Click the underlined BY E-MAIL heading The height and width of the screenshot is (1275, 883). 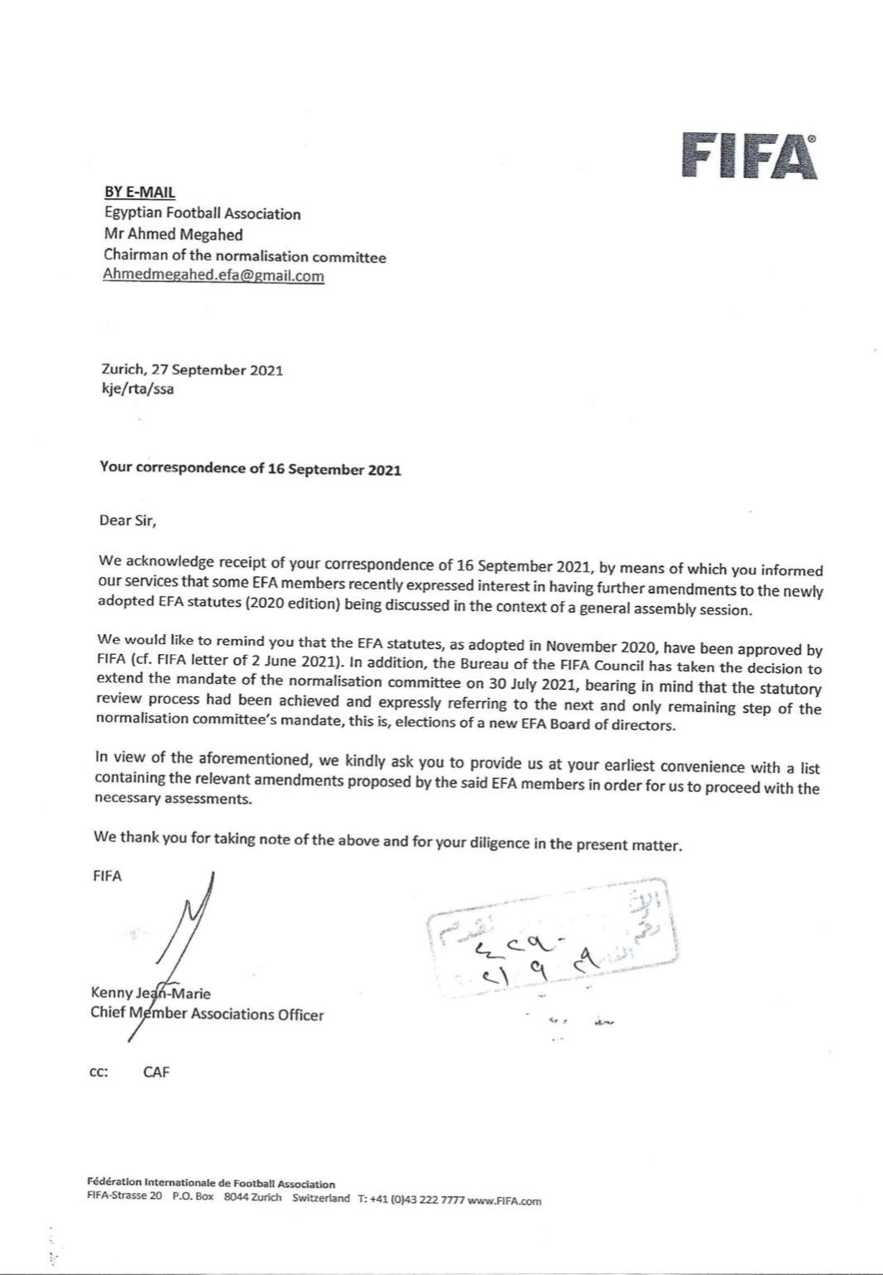pyautogui.click(x=139, y=192)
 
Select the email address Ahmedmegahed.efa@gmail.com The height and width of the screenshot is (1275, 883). pyautogui.click(x=214, y=276)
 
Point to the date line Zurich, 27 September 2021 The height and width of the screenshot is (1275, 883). pyautogui.click(x=191, y=370)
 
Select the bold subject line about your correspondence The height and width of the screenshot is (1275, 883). pyautogui.click(x=250, y=469)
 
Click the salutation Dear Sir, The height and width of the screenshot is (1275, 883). pyautogui.click(x=127, y=521)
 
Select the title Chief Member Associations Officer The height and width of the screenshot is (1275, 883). pyautogui.click(x=207, y=1014)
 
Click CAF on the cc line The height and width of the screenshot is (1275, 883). pyautogui.click(x=156, y=1072)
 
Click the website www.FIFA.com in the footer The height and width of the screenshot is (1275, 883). pyautogui.click(x=504, y=1200)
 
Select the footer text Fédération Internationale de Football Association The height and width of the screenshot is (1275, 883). pyautogui.click(x=211, y=1184)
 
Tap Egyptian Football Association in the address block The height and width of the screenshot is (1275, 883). pyautogui.click(x=202, y=213)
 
